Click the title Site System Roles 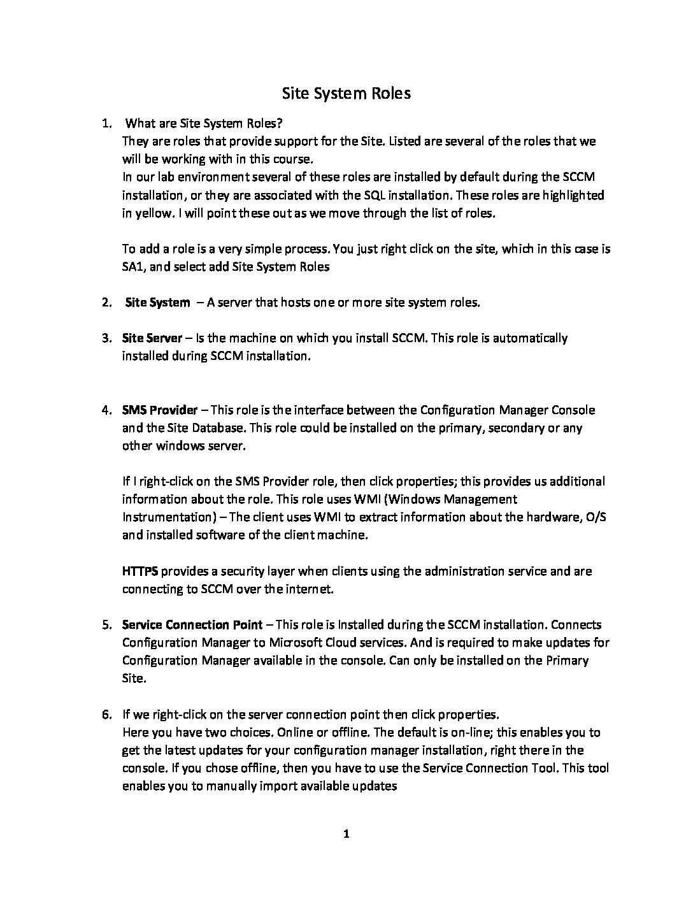(346, 94)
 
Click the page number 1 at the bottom (346, 834)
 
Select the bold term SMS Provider (160, 410)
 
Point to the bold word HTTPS (140, 571)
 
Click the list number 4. (106, 410)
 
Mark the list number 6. (106, 714)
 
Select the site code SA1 (132, 267)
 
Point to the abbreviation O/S (595, 517)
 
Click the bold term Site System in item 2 (157, 303)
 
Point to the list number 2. (106, 303)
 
